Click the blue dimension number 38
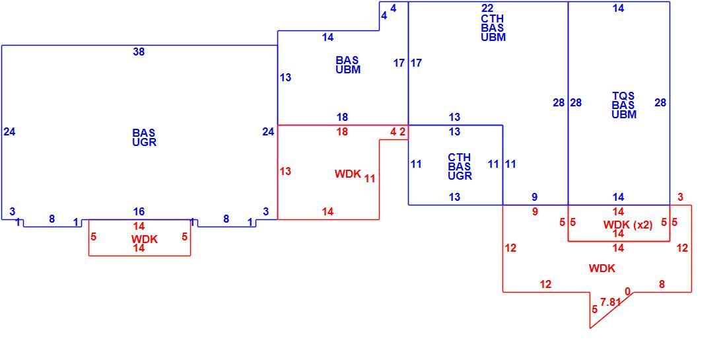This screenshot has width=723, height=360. point(139,52)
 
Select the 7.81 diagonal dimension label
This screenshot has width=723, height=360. point(611,303)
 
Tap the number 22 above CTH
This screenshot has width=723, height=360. point(487,9)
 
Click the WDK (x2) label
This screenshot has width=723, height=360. point(628,225)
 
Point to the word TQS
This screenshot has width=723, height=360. point(623,96)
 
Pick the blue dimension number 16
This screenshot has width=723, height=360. point(139,212)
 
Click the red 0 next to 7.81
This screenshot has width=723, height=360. point(627,291)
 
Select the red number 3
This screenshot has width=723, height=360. point(681,198)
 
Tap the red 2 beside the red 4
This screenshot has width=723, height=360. point(402,131)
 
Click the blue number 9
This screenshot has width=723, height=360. point(534,198)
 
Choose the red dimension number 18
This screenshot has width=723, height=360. point(342,132)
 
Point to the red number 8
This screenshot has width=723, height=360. point(662,284)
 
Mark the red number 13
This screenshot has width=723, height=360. point(285,171)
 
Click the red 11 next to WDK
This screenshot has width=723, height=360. point(370,178)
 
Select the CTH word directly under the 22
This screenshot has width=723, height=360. point(493,19)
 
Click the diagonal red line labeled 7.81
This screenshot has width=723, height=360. point(611,310)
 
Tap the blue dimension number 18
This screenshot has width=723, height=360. point(342,117)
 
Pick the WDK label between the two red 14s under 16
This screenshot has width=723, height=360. point(145,240)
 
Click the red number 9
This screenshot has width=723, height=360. point(535,212)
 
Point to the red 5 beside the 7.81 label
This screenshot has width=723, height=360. point(594,308)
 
